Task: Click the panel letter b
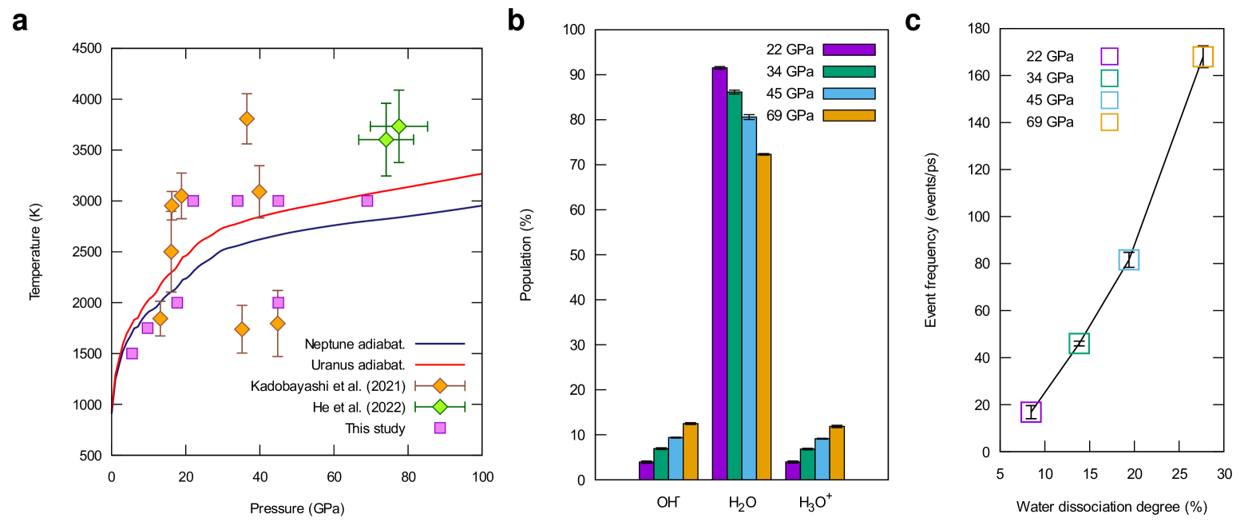[x=516, y=21]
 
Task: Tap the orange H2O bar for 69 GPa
[x=763, y=316]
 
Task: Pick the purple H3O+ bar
[x=792, y=471]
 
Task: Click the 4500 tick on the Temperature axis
[x=87, y=49]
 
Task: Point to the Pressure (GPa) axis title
[x=297, y=508]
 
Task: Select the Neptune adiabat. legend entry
[x=355, y=345]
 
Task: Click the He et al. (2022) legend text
[x=359, y=407]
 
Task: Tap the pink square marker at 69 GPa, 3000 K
[x=367, y=201]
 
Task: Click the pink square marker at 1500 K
[x=132, y=353]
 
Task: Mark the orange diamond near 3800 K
[x=247, y=119]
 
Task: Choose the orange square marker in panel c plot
[x=1203, y=57]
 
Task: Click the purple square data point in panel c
[x=1031, y=412]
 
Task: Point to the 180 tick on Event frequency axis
[x=979, y=29]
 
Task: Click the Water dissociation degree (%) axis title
[x=1111, y=507]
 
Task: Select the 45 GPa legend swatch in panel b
[x=849, y=94]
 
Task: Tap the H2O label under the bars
[x=742, y=503]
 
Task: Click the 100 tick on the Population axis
[x=574, y=30]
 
